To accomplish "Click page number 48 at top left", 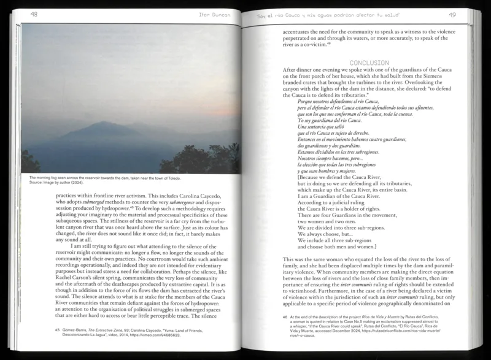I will click(x=34, y=14).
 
